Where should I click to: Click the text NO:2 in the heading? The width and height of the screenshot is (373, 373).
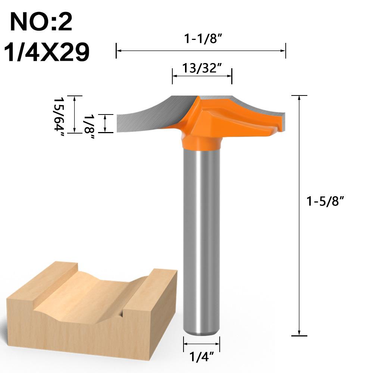(x=41, y=22)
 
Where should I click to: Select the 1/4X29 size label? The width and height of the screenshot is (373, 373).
(x=47, y=52)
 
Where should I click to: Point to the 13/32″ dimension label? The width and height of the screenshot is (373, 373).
(x=202, y=69)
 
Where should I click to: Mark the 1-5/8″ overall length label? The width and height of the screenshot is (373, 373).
(x=325, y=201)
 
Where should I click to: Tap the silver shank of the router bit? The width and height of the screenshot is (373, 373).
(x=201, y=239)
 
